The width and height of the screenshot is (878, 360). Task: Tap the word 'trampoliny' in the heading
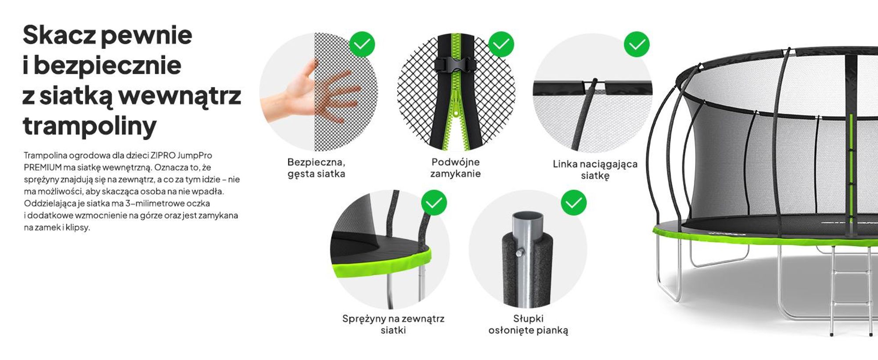90,126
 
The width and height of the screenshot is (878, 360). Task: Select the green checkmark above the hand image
362,44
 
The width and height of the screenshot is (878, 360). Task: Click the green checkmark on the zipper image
501,44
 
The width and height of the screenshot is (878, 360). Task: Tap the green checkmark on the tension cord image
637,44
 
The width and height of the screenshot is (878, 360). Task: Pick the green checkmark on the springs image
434,203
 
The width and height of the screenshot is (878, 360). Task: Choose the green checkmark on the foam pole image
574,203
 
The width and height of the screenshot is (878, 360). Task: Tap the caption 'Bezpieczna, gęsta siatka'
316,168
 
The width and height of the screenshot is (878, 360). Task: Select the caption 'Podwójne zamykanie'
456,168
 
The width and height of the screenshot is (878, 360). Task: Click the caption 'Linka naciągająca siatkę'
595,170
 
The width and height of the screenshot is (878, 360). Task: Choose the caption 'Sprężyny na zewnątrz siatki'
393,324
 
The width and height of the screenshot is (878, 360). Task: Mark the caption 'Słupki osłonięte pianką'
528,324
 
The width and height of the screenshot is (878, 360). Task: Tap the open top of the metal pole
528,217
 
